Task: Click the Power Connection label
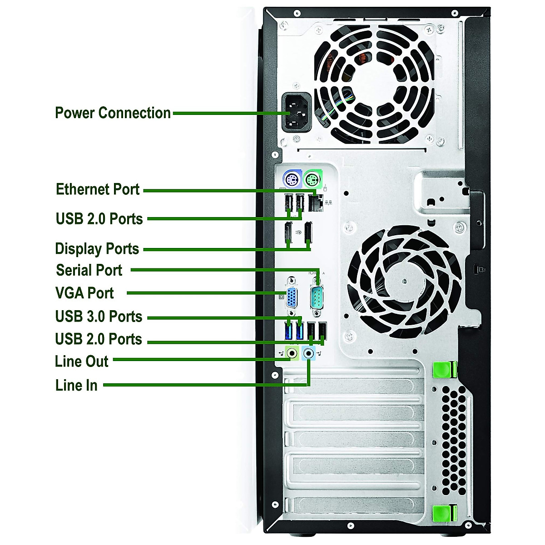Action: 113,113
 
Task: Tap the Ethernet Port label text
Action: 97,189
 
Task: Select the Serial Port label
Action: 89,270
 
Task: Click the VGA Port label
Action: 84,293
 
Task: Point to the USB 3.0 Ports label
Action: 99,316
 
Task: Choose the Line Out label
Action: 82,362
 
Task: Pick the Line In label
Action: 76,385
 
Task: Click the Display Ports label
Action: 97,249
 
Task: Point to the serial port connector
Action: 317,298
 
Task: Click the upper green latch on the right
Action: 444,370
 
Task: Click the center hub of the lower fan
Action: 404,280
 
